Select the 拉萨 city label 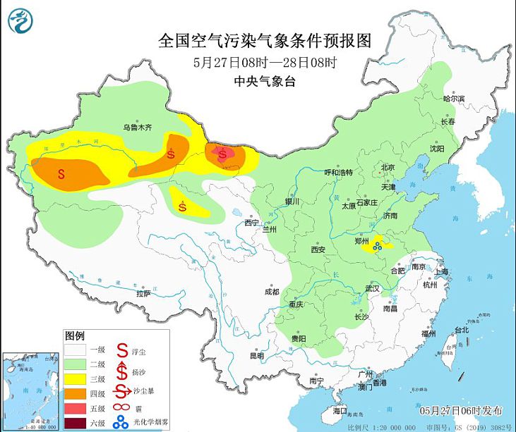pyautogui.click(x=143, y=292)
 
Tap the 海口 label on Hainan pyautogui.click(x=339, y=410)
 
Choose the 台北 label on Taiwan pyautogui.click(x=461, y=330)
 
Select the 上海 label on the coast pyautogui.click(x=443, y=271)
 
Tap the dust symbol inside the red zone pyautogui.click(x=224, y=153)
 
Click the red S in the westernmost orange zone pyautogui.click(x=61, y=173)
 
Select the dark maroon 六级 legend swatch pyautogui.click(x=75, y=424)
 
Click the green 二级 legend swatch pyautogui.click(x=75, y=364)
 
